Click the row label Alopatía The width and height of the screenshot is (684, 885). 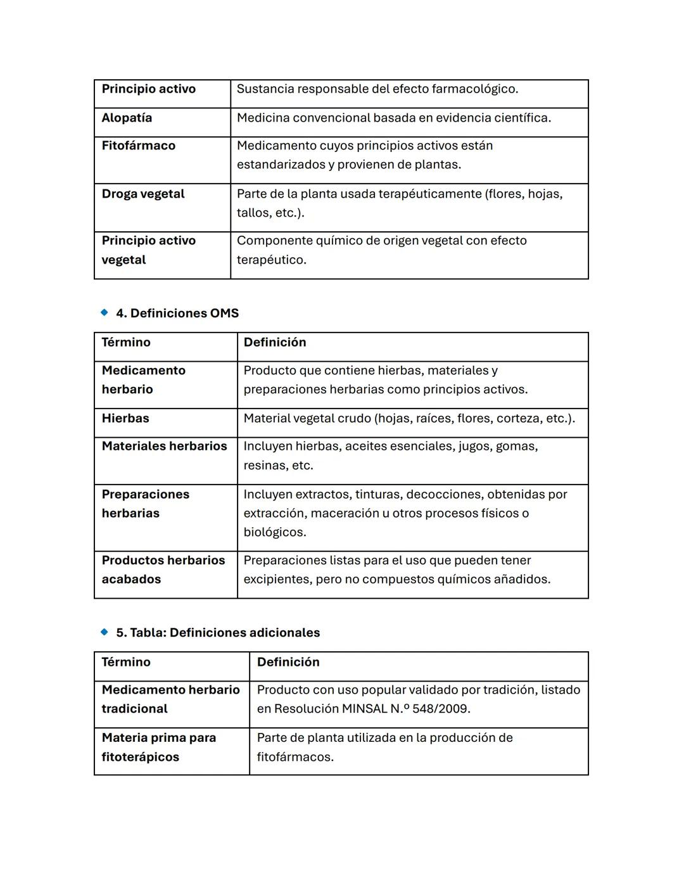pos(127,118)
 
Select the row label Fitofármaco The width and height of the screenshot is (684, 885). pos(138,146)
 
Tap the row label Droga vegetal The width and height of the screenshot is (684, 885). pos(143,194)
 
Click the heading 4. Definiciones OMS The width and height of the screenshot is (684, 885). pos(177,313)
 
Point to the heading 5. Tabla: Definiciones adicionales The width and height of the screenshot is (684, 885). pos(218,632)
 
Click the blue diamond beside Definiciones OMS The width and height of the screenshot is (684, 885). pos(104,312)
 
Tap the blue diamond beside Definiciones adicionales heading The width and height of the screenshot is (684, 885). pos(104,632)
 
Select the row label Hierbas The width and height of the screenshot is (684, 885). pos(125,418)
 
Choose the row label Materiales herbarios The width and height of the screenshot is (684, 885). pos(164,446)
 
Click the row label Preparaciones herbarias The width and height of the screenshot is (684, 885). pos(146,504)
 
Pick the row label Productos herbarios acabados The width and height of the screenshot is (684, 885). pos(163,570)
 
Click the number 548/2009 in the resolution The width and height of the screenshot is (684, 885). pos(440,708)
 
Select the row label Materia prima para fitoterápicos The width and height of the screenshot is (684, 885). pos(159,747)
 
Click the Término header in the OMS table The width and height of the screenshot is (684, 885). pos(126,342)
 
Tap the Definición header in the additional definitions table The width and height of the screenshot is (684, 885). pos(288,662)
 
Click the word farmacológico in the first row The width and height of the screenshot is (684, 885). pos(474,89)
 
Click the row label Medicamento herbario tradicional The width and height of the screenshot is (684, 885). pos(170,699)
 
